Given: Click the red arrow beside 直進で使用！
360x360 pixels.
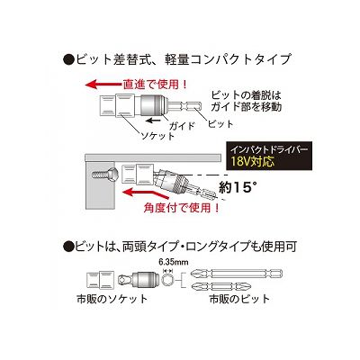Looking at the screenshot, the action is tap(103, 84).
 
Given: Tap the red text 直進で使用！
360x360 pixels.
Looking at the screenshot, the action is tap(155, 85).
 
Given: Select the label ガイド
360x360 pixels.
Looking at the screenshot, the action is tap(181, 125).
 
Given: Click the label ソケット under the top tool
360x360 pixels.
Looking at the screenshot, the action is tap(157, 136).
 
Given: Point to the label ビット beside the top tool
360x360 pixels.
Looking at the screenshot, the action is tap(220, 124).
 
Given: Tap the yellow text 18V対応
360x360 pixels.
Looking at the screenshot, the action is tap(253, 162).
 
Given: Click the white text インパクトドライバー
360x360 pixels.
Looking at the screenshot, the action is tap(268, 150).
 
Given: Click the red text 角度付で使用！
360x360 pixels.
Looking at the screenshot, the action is tap(183, 207).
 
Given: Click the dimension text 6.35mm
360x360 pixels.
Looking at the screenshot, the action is tap(174, 262).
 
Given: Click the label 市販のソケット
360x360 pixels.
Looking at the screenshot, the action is tap(112, 299).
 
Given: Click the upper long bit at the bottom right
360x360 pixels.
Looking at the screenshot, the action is tap(237, 274).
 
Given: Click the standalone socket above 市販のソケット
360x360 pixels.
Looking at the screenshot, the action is tap(100, 280).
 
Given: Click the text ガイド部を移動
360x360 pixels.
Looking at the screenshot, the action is tap(247, 107).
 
